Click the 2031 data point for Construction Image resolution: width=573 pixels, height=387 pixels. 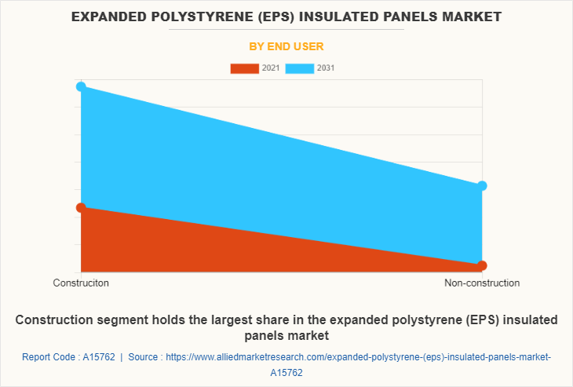pyautogui.click(x=81, y=86)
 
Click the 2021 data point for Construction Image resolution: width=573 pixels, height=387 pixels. pyautogui.click(x=81, y=207)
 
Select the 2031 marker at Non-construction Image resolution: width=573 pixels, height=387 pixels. pyautogui.click(x=482, y=186)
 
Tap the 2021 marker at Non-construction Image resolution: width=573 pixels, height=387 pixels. pyautogui.click(x=482, y=265)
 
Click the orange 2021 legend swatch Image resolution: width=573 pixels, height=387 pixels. pyautogui.click(x=244, y=68)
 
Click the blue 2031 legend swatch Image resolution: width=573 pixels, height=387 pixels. pyautogui.click(x=300, y=68)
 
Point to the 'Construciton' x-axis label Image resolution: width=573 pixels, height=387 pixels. pyautogui.click(x=81, y=283)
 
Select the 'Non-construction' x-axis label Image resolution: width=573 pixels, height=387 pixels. pyautogui.click(x=482, y=283)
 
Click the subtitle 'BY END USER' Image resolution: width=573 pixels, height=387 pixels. pyautogui.click(x=286, y=46)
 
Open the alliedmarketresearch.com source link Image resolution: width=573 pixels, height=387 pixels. pyautogui.click(x=358, y=357)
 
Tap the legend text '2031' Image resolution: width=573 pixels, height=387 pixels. pyautogui.click(x=326, y=68)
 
